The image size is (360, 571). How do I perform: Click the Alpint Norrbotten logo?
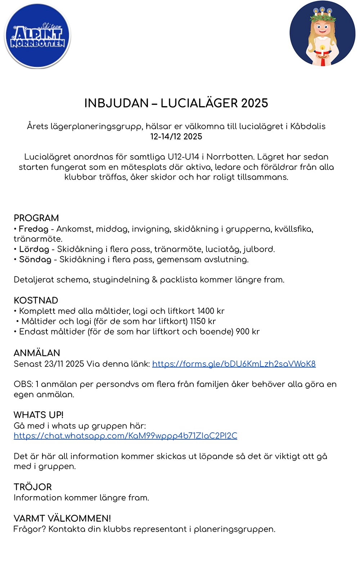[x=37, y=36]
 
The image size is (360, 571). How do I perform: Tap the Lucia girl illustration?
[x=322, y=34]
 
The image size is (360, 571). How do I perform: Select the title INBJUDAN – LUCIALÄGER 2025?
[x=176, y=103]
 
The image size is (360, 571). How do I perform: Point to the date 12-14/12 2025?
[x=176, y=137]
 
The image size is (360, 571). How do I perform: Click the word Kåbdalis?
[x=308, y=126]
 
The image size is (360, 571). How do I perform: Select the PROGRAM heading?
[x=36, y=218]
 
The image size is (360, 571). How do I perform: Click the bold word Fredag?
[x=33, y=229]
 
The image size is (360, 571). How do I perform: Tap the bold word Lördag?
[x=34, y=249]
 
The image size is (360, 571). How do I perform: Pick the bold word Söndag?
[x=35, y=260]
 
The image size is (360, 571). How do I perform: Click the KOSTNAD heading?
[x=36, y=301]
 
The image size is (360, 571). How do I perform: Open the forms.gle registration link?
[x=234, y=364]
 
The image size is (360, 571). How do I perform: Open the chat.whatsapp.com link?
[x=125, y=436]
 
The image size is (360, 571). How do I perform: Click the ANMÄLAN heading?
[x=37, y=353]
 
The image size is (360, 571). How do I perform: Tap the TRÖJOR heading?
[x=32, y=487]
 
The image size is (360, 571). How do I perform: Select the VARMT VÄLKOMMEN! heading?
[x=62, y=518]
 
